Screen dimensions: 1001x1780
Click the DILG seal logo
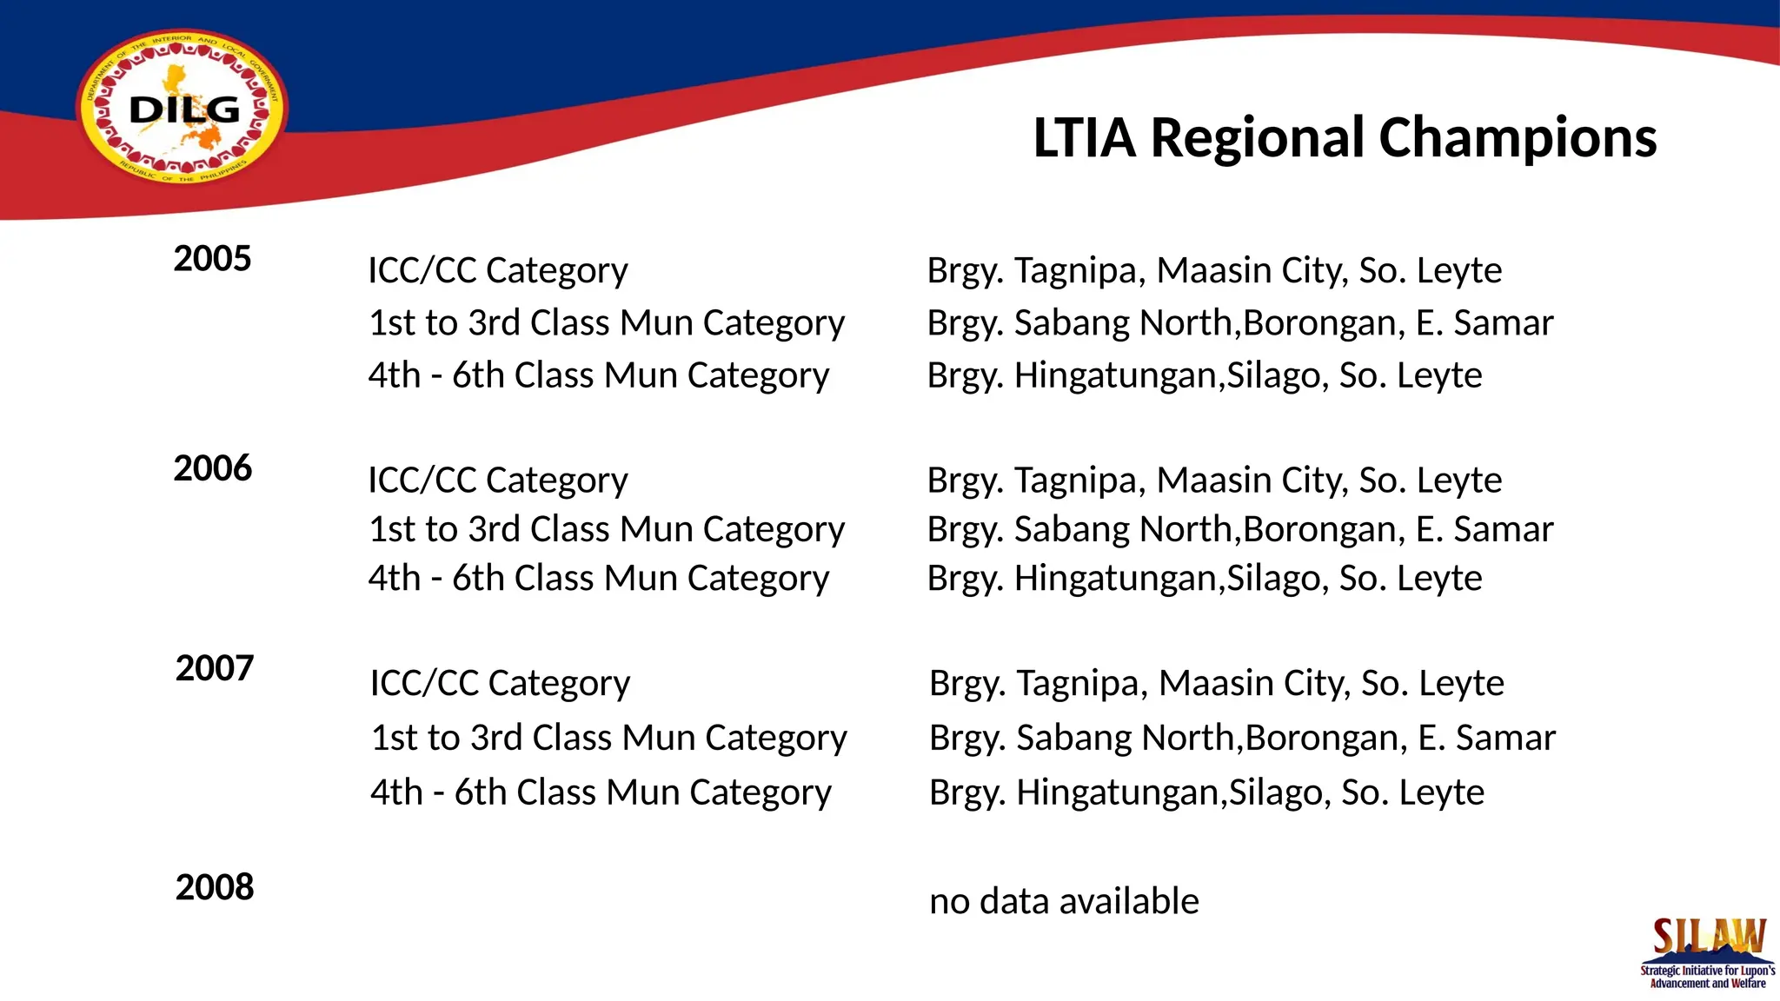pyautogui.click(x=183, y=109)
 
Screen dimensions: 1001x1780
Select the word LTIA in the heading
pyautogui.click(x=1084, y=138)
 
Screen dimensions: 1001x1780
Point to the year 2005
pyautogui.click(x=212, y=259)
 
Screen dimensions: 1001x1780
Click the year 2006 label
pyautogui.click(x=212, y=468)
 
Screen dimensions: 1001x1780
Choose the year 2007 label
pyautogui.click(x=215, y=668)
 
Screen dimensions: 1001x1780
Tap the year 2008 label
pyautogui.click(x=215, y=887)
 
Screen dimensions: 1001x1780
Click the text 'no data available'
pyautogui.click(x=1064, y=902)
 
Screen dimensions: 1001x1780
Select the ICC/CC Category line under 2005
pyautogui.click(x=497, y=271)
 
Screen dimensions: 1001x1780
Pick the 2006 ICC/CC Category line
pyautogui.click(x=497, y=481)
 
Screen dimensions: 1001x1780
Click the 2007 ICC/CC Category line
pyautogui.click(x=500, y=684)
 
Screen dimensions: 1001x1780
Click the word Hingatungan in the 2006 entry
pyautogui.click(x=1119, y=579)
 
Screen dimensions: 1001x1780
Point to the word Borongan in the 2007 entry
pyautogui.click(x=1326, y=738)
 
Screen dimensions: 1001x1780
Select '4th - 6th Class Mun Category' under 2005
pyautogui.click(x=598, y=375)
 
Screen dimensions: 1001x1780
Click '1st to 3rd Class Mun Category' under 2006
pyautogui.click(x=606, y=529)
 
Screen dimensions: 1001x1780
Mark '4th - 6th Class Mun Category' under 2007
pyautogui.click(x=601, y=792)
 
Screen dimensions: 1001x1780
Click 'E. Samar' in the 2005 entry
pyautogui.click(x=1484, y=323)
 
